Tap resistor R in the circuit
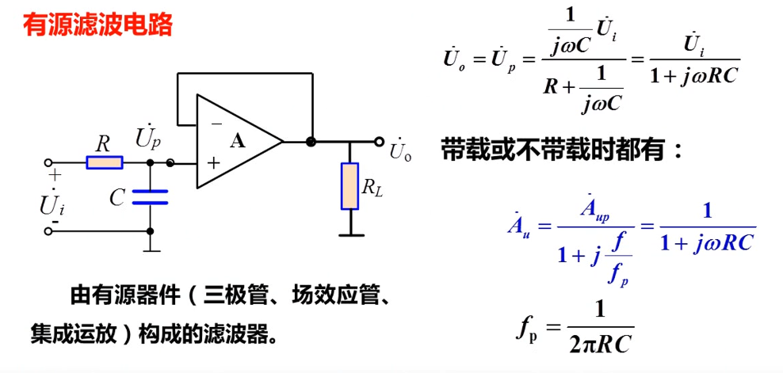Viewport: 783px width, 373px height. coord(104,163)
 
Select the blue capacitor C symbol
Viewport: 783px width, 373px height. coord(150,196)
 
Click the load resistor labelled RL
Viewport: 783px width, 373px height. coord(349,186)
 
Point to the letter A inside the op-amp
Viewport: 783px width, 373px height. coord(238,142)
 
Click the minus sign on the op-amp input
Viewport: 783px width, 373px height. coord(216,124)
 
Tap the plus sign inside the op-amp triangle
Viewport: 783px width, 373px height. coord(213,163)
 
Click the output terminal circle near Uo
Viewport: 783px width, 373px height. coord(380,143)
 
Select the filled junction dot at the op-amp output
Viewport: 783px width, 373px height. coord(311,143)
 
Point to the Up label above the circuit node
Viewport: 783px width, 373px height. coord(148,139)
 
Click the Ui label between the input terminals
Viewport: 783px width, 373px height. coord(52,204)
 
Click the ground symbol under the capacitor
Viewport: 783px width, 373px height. coord(151,248)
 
